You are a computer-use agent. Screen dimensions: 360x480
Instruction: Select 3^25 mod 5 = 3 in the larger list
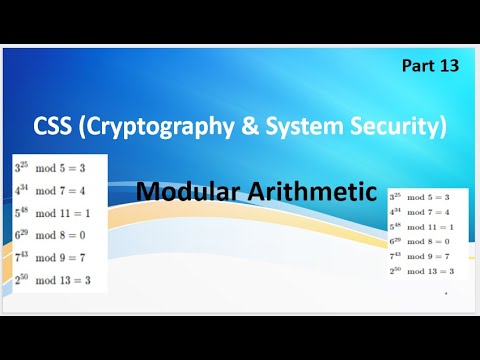[50, 166]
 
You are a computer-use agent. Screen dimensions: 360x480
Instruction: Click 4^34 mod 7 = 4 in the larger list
[50, 188]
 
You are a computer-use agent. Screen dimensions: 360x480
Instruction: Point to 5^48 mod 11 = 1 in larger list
[52, 211]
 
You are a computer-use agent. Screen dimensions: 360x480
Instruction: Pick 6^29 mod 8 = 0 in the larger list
[50, 234]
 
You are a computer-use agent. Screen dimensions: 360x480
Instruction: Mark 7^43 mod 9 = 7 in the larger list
[50, 257]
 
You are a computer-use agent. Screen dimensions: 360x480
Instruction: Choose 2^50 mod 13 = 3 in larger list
[52, 280]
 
